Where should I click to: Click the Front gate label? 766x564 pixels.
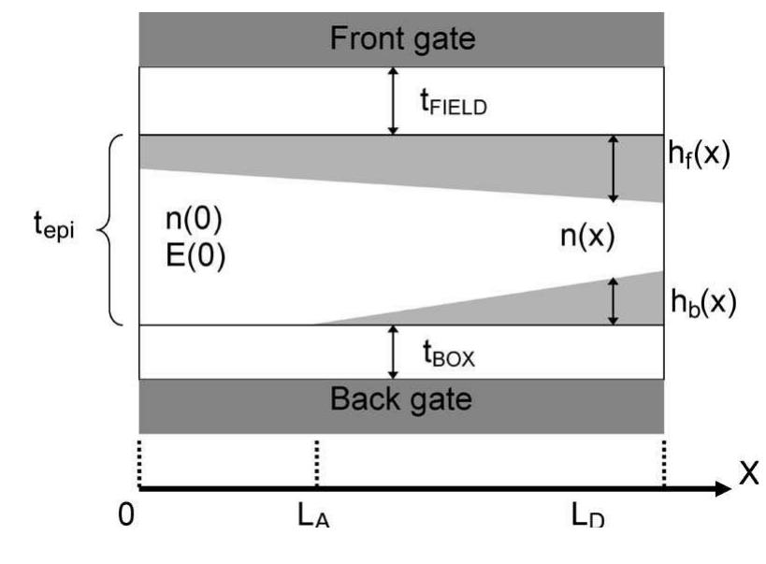pyautogui.click(x=402, y=39)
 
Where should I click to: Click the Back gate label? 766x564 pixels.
pyautogui.click(x=401, y=399)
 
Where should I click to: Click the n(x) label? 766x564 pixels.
pyautogui.click(x=586, y=237)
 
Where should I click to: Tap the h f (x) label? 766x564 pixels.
pyautogui.click(x=702, y=155)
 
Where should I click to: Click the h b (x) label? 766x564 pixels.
pyautogui.click(x=702, y=301)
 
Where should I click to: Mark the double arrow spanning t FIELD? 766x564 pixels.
pyautogui.click(x=394, y=100)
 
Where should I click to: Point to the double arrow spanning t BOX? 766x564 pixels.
pyautogui.click(x=394, y=352)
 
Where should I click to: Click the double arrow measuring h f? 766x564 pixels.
pyautogui.click(x=614, y=168)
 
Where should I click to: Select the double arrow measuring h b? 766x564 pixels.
pyautogui.click(x=614, y=300)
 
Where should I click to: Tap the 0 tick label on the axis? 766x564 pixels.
pyautogui.click(x=125, y=516)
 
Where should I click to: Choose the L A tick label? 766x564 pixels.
pyautogui.click(x=316, y=517)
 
